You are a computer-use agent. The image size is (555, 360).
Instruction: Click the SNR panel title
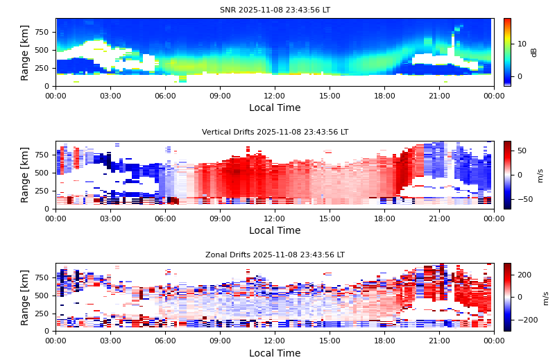pyautogui.click(x=275, y=10)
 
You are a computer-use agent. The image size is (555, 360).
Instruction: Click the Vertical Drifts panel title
pyautogui.click(x=275, y=132)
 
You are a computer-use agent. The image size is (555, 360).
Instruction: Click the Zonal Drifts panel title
pyautogui.click(x=275, y=255)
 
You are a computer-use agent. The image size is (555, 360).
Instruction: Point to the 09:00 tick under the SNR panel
pyautogui.click(x=220, y=95)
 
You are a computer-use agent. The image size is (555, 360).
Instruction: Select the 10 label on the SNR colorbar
pyautogui.click(x=522, y=44)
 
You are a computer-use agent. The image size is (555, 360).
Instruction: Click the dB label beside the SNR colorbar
pyautogui.click(x=534, y=52)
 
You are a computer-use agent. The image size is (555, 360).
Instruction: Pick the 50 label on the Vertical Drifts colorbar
pyautogui.click(x=522, y=151)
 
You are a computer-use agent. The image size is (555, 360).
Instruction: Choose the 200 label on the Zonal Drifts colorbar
pyautogui.click(x=524, y=275)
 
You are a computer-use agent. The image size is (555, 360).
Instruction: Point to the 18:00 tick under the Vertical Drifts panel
pyautogui.click(x=384, y=218)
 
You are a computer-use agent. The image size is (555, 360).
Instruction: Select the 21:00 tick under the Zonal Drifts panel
pyautogui.click(x=439, y=341)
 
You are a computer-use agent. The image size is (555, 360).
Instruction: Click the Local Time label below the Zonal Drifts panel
pyautogui.click(x=275, y=353)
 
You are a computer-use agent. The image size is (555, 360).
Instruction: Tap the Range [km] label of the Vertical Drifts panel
pyautogui.click(x=25, y=175)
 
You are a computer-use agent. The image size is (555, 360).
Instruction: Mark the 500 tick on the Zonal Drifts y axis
pyautogui.click(x=41, y=295)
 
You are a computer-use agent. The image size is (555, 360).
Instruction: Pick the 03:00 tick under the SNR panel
pyautogui.click(x=110, y=95)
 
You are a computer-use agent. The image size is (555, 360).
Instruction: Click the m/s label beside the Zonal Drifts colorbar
pyautogui.click(x=545, y=298)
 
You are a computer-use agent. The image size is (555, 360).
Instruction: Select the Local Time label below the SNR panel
pyautogui.click(x=275, y=108)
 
